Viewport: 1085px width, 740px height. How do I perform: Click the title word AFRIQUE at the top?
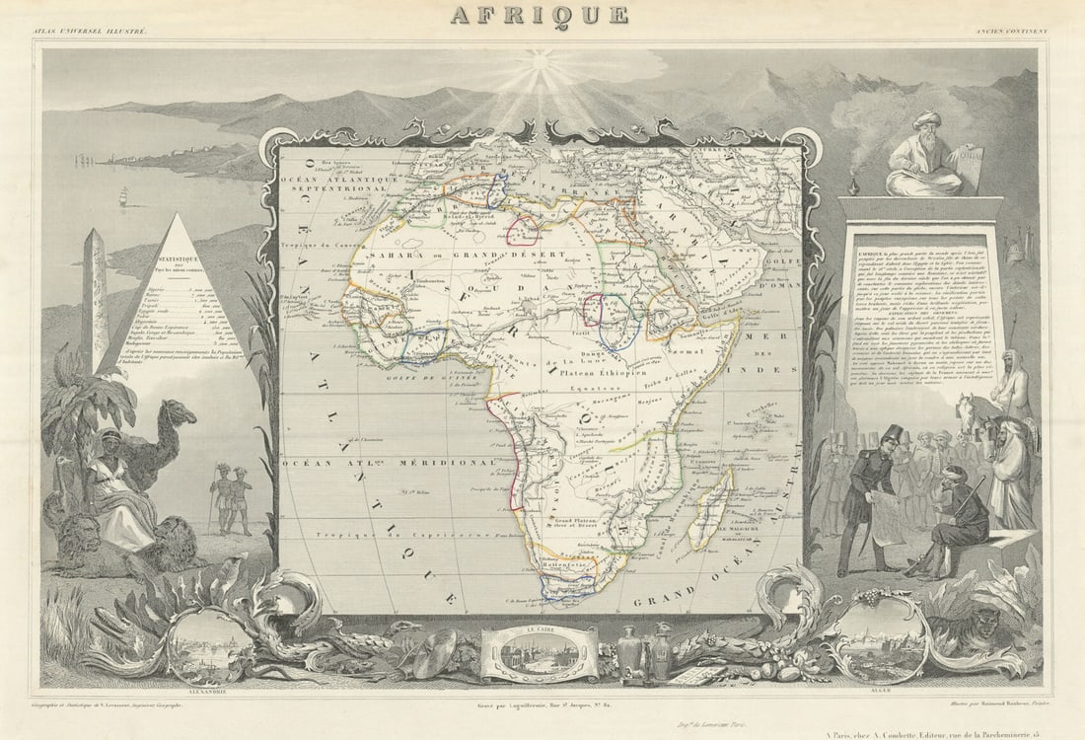coord(540,14)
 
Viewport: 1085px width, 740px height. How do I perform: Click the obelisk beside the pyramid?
coord(95,296)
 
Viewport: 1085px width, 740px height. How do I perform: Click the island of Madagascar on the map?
coord(712,508)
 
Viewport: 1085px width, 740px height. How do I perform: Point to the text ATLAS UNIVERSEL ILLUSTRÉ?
coord(89,32)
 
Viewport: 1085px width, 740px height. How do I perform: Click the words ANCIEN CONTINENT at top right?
coord(1012,32)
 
